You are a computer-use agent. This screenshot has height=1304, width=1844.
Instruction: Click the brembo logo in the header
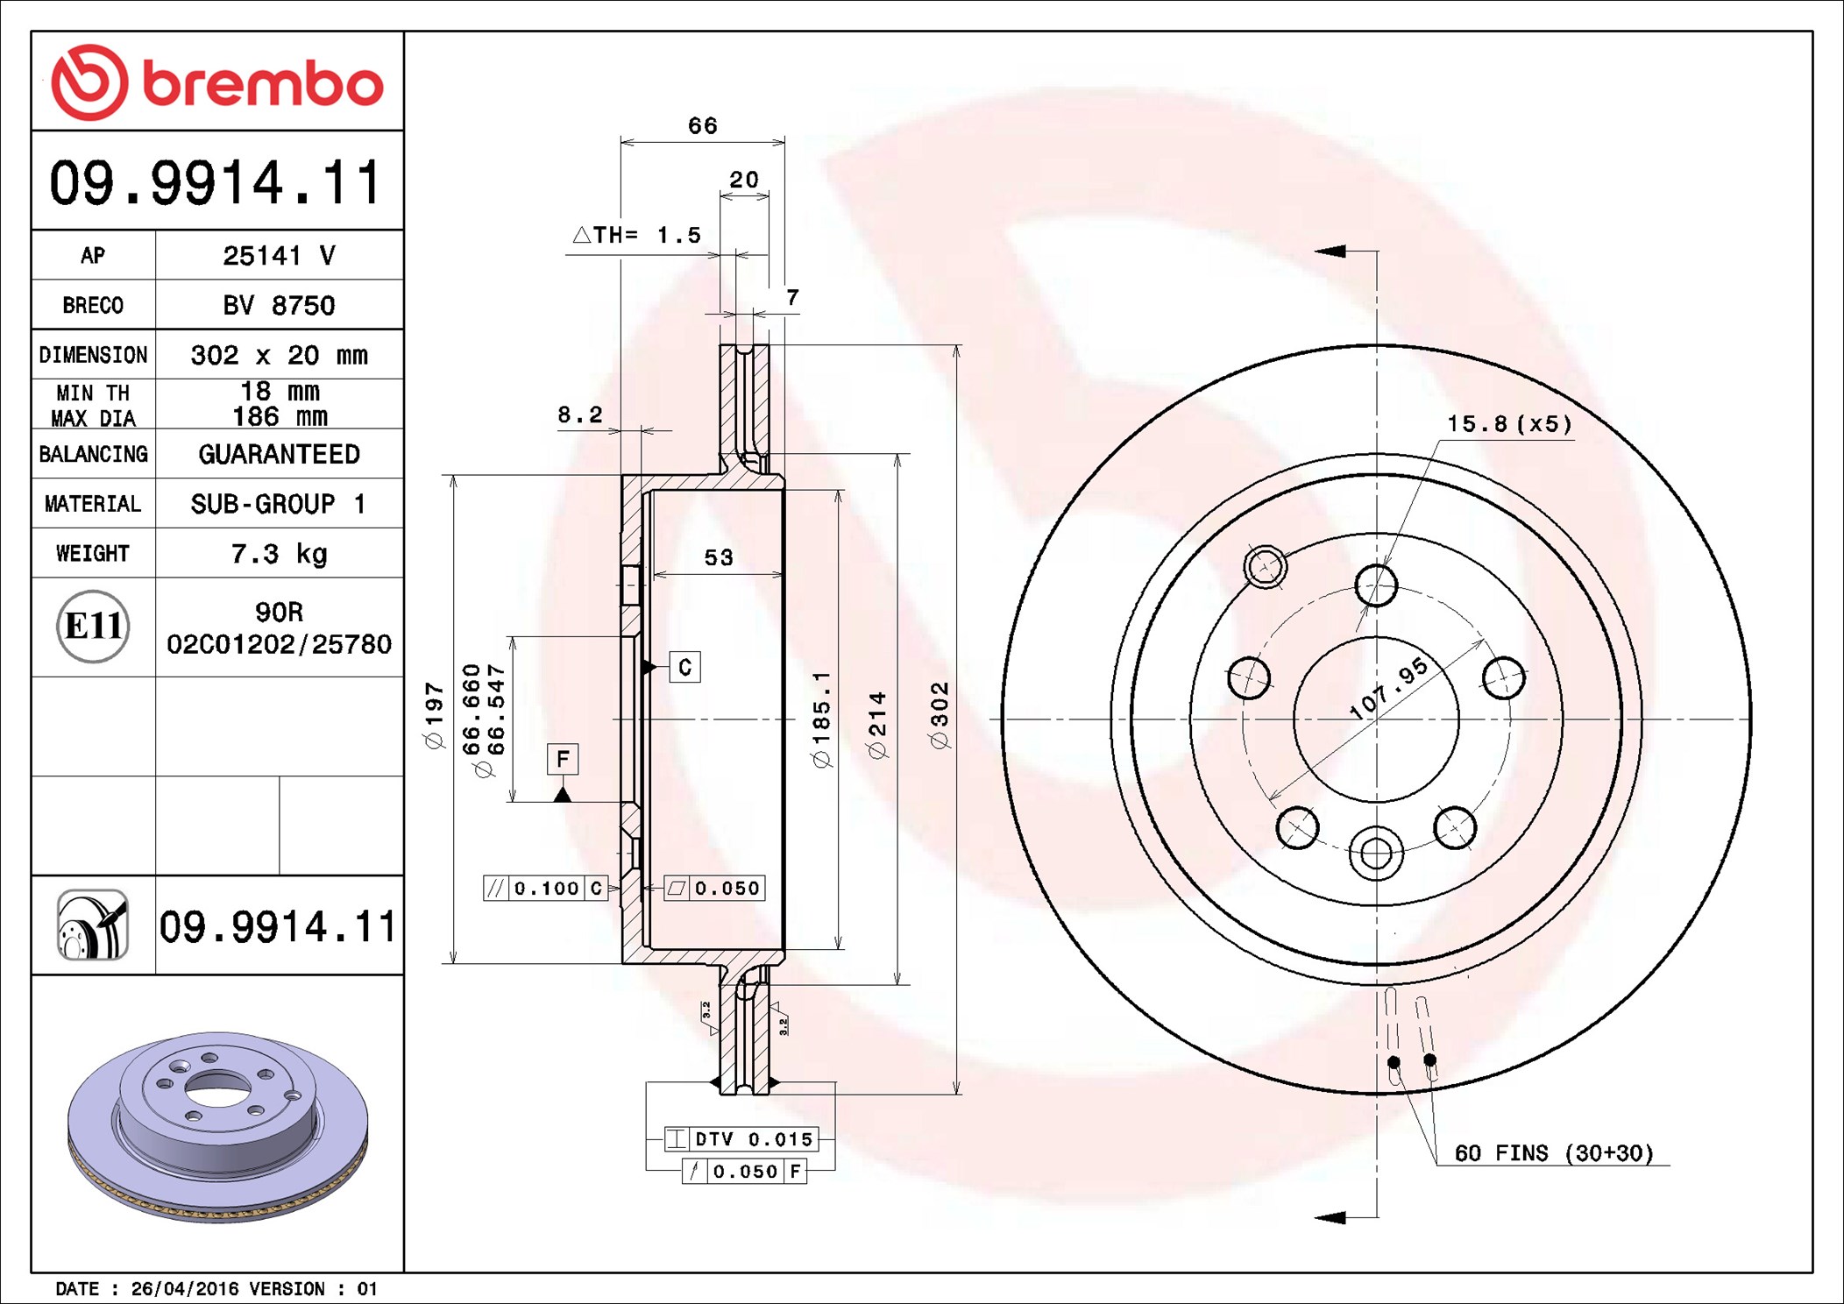217,82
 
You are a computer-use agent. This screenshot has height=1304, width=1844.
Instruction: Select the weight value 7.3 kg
279,554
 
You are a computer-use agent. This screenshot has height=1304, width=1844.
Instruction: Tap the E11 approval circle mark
93,627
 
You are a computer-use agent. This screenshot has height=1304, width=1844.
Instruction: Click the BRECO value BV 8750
279,305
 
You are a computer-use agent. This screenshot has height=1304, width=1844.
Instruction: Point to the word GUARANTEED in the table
279,454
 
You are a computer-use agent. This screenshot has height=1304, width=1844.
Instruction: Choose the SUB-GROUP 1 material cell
279,504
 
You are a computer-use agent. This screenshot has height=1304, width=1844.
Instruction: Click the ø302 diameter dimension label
939,715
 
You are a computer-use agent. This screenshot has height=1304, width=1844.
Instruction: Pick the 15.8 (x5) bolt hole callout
1508,424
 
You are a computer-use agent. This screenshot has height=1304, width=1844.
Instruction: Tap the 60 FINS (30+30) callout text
1553,1153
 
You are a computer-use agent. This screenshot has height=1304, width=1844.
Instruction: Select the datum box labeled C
684,668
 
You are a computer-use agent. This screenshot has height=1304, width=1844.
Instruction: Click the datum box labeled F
563,759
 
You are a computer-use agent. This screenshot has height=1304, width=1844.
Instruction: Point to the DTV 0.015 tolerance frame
741,1139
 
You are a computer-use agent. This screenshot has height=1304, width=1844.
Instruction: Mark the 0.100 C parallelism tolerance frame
545,889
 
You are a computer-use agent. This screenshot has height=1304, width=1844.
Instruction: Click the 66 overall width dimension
702,126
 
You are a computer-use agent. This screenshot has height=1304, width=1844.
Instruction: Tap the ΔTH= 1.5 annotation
637,235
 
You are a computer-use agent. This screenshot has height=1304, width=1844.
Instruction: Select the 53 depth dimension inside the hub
719,557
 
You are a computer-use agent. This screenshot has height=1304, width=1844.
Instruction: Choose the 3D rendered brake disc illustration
217,1126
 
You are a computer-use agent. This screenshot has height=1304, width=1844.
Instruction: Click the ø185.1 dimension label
821,719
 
